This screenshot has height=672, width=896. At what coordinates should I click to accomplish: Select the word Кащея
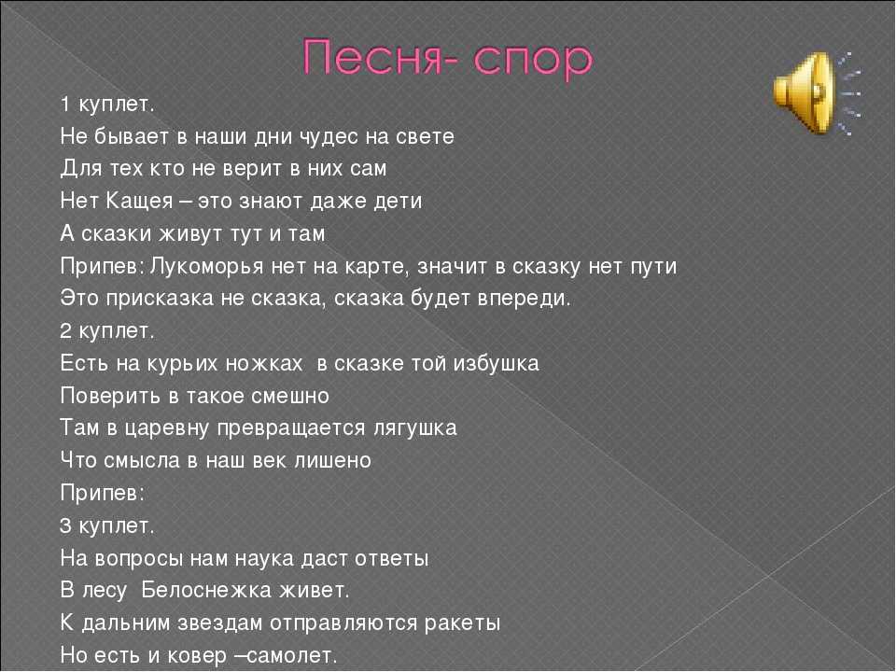pyautogui.click(x=139, y=202)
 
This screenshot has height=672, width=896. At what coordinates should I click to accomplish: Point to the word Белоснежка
pyautogui.click(x=206, y=590)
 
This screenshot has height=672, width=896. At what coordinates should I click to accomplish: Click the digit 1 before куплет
pyautogui.click(x=65, y=105)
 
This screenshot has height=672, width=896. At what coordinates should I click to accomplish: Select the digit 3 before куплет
pyautogui.click(x=65, y=525)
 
